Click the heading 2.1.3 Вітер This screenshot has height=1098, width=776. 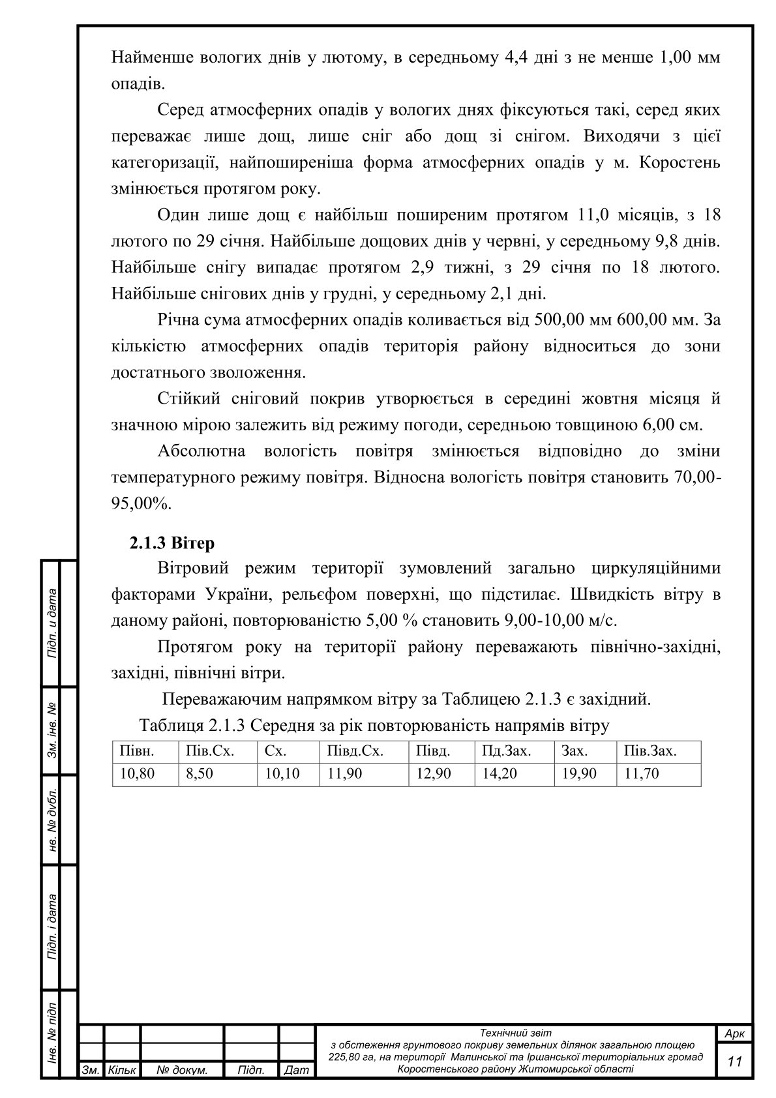pos(172,542)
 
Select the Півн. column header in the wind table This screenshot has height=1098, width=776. pos(136,751)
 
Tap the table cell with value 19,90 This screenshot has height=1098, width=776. pos(578,774)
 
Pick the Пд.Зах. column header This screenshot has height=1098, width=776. pos(507,751)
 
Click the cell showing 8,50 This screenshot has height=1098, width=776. pos(200,774)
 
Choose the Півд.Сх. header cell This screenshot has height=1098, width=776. pos(355,751)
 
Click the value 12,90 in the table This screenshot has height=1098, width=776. pos(433,774)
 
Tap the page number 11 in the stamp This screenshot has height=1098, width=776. pos(735,1061)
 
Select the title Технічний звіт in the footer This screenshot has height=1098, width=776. pos(515,1033)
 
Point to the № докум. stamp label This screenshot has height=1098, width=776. pos(183,1070)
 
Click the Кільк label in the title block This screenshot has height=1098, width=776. pos(122,1070)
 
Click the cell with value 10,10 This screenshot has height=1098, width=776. pos(282,774)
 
